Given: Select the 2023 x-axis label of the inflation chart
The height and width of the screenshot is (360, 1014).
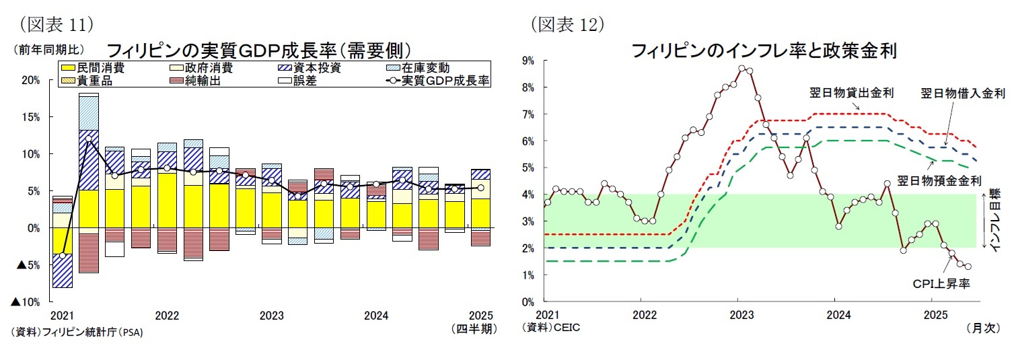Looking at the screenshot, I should [x=741, y=314].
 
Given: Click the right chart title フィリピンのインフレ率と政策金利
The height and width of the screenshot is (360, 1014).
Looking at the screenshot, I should [x=763, y=50].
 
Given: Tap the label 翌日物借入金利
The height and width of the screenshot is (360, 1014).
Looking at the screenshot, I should [x=962, y=93].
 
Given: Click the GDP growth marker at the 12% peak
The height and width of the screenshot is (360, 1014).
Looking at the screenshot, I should [x=89, y=139].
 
